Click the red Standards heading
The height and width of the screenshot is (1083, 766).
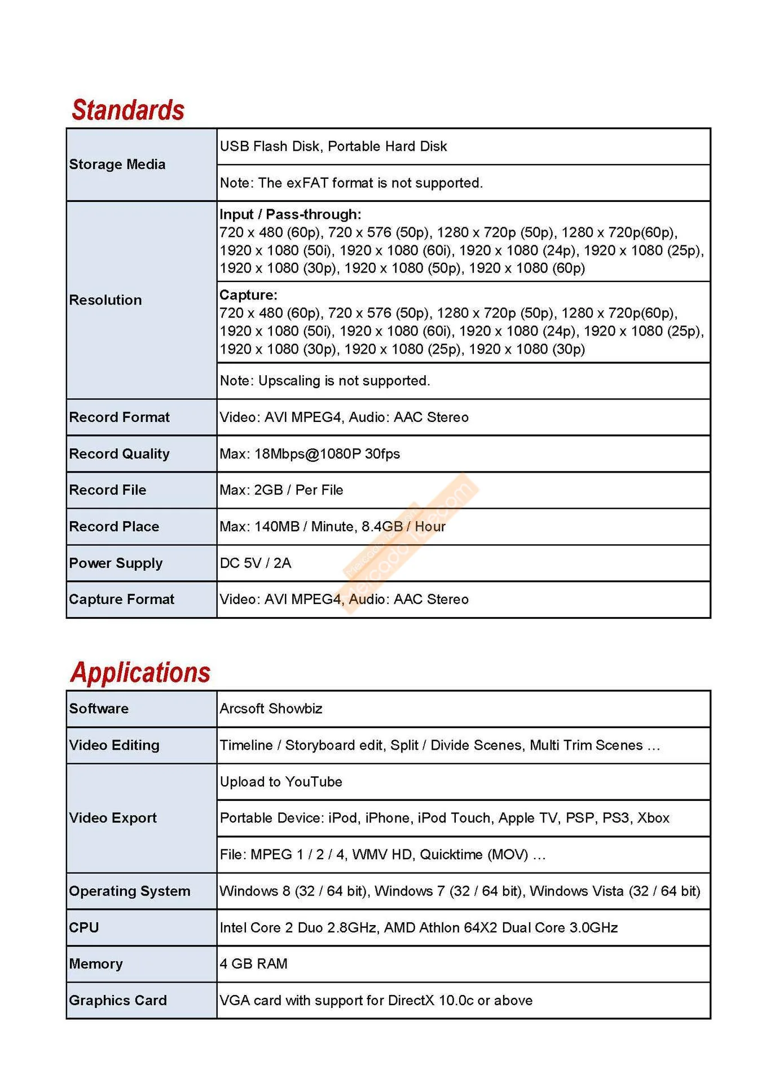pos(128,110)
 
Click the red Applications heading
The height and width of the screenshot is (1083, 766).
pos(140,672)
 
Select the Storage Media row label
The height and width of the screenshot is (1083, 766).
pos(117,164)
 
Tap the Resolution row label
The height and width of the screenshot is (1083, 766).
pos(105,300)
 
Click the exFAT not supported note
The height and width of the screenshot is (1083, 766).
pos(351,183)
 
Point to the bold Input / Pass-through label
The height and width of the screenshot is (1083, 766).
pos(290,214)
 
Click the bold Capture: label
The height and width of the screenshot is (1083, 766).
pos(248,295)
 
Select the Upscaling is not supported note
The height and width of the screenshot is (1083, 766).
pos(325,381)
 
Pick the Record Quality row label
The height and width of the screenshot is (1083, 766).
pos(119,454)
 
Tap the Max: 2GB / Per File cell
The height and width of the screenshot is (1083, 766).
pos(281,490)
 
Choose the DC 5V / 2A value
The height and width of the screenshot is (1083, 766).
pos(256,563)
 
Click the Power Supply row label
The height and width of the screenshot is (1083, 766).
pos(116,563)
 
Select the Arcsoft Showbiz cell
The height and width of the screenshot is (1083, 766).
pos(271,708)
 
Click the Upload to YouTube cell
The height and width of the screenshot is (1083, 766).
pos(281,782)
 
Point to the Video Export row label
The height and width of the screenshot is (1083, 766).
pos(113,818)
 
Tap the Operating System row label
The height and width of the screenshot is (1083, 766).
pos(130,891)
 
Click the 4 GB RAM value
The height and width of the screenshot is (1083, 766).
pos(253,963)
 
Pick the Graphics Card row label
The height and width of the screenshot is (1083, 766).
pos(118,1000)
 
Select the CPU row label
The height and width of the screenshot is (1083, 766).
pos(84,927)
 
